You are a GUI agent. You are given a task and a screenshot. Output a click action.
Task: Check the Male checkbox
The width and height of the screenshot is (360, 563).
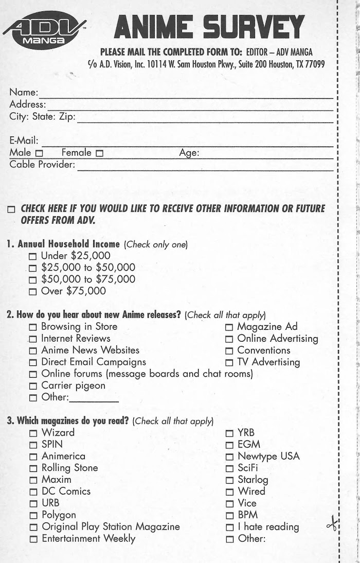tap(38, 153)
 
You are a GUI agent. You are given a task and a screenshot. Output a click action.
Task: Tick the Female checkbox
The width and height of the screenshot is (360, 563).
tap(99, 153)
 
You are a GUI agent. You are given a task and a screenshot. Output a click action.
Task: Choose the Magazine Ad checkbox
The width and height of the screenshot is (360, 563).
tap(229, 327)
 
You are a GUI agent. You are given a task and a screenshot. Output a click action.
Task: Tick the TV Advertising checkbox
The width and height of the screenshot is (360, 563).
tap(229, 362)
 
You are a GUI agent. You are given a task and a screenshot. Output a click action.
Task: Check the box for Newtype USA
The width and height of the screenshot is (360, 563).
tap(229, 456)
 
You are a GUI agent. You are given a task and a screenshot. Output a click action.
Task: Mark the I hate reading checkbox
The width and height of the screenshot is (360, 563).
tap(229, 527)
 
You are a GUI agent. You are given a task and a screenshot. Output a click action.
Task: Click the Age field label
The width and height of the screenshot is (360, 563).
tap(189, 152)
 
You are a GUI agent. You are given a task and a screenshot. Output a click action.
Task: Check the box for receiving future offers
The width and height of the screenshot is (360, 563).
tap(11, 210)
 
